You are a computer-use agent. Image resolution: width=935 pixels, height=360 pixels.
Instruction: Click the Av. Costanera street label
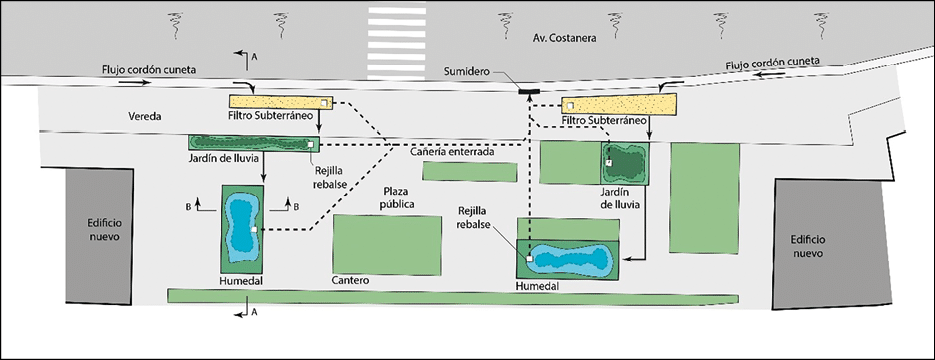565,38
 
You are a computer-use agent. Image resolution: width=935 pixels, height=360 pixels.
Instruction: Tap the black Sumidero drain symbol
529,91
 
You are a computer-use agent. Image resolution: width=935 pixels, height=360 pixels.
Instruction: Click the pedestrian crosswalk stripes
397,43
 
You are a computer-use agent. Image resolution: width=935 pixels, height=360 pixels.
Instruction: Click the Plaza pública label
399,199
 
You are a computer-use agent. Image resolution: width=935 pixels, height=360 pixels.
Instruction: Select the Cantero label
351,280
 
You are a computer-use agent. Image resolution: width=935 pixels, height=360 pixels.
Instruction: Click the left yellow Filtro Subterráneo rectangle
281,102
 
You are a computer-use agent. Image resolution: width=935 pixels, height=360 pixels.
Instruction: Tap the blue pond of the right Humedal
570,259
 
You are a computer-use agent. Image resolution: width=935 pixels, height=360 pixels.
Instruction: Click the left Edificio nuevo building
99,235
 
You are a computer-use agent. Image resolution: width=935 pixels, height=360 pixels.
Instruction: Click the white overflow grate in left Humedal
254,229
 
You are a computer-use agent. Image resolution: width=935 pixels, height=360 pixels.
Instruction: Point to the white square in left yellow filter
323,103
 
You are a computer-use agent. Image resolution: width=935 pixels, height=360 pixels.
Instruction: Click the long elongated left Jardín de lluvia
254,143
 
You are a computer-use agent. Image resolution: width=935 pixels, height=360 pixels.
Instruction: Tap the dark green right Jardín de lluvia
624,163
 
